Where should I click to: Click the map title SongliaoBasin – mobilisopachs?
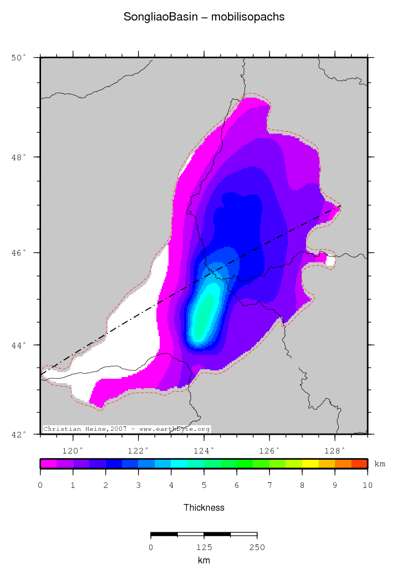204,17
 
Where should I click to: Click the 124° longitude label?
204,450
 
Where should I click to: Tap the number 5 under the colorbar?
204,486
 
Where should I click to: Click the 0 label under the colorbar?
40,486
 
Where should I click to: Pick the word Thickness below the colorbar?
204,507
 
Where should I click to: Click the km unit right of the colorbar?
380,464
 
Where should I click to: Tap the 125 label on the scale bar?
204,548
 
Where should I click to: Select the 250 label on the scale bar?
257,548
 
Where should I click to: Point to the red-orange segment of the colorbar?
359,464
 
